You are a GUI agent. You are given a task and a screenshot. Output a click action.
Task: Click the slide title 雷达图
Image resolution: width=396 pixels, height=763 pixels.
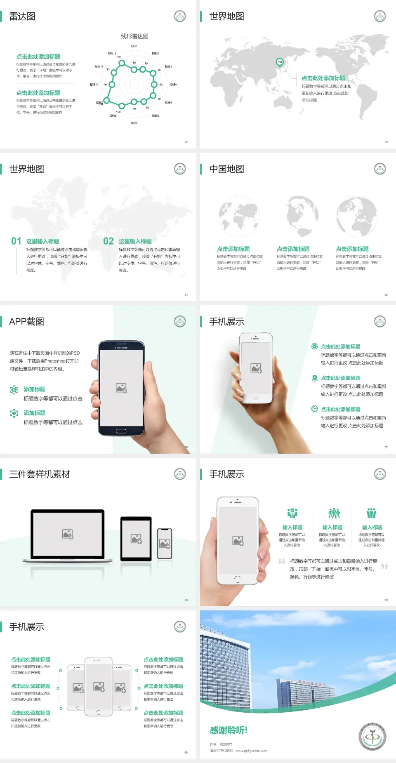(22, 16)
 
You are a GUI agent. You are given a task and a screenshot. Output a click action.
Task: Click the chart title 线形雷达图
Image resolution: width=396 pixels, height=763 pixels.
(134, 36)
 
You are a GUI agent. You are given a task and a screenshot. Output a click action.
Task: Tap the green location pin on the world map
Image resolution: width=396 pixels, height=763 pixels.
(279, 62)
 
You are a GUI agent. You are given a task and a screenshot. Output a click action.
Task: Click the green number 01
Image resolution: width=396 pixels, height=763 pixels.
(16, 241)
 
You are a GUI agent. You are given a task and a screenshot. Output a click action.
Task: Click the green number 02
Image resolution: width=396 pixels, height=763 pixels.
(108, 241)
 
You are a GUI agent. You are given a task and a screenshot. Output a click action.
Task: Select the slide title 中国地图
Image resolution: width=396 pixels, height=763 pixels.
(226, 169)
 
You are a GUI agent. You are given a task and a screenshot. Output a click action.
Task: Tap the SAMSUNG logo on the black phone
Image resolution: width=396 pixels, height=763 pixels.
(121, 348)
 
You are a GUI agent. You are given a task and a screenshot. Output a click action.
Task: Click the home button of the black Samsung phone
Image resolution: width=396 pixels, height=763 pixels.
(121, 431)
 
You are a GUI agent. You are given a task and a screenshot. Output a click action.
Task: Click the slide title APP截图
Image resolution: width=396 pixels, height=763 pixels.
(27, 322)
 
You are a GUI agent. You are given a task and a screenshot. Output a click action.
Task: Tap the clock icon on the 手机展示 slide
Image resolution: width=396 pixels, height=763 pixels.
(314, 409)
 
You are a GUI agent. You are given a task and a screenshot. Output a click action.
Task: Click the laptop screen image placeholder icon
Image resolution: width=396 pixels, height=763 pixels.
(68, 534)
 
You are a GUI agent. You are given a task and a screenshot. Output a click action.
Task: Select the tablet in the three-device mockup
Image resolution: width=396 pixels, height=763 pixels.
(136, 538)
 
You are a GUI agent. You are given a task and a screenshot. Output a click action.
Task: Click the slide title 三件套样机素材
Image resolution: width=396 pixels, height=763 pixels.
(40, 474)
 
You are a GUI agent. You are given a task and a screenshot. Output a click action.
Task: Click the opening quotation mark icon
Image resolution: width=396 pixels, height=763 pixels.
(282, 561)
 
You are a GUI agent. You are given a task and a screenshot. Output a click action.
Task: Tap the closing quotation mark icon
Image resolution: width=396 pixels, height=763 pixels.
(384, 567)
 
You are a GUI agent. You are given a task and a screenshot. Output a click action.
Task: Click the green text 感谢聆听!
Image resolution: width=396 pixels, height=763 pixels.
(228, 730)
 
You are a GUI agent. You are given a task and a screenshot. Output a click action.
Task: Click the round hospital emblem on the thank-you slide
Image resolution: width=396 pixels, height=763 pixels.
(372, 737)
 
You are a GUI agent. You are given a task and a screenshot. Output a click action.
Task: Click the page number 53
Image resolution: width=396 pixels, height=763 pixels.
(386, 142)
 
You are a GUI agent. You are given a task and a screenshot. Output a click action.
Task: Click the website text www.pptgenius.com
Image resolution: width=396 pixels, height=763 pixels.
(251, 751)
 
